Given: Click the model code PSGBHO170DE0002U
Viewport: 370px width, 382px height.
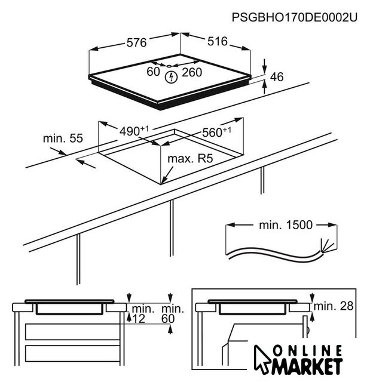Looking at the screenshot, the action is tap(295, 17).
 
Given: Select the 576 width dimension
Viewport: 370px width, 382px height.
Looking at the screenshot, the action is tap(137, 42).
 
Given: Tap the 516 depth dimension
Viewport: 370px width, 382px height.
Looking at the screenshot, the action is tap(218, 41).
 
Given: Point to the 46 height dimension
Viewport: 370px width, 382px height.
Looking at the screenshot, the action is tap(277, 77).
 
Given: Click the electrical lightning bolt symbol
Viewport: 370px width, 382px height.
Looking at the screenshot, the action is tap(171, 77).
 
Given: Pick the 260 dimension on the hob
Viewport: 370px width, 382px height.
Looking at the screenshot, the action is tap(192, 72).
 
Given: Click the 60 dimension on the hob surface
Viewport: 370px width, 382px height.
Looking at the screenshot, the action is tap(153, 72).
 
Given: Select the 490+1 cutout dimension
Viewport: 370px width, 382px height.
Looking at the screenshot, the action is tap(134, 131).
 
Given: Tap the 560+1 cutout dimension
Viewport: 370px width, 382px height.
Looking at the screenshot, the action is tap(216, 133).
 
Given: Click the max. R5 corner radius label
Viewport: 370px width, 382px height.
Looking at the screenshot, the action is tap(190, 159).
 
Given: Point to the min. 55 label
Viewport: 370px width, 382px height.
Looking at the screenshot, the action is tap(63, 138).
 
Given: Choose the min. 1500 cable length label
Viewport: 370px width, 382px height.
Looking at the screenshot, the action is tap(286, 225).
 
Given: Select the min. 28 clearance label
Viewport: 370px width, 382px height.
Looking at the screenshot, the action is tap(334, 306).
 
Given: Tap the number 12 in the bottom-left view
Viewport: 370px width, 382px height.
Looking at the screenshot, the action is tap(139, 319).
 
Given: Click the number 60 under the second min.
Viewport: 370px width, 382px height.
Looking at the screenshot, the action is tap(168, 319).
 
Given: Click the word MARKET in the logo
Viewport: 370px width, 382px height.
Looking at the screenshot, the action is tap(307, 366).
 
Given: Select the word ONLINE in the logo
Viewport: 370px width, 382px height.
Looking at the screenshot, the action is tap(307, 351).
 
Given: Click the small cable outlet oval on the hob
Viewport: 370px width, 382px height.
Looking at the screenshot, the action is tap(169, 66).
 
